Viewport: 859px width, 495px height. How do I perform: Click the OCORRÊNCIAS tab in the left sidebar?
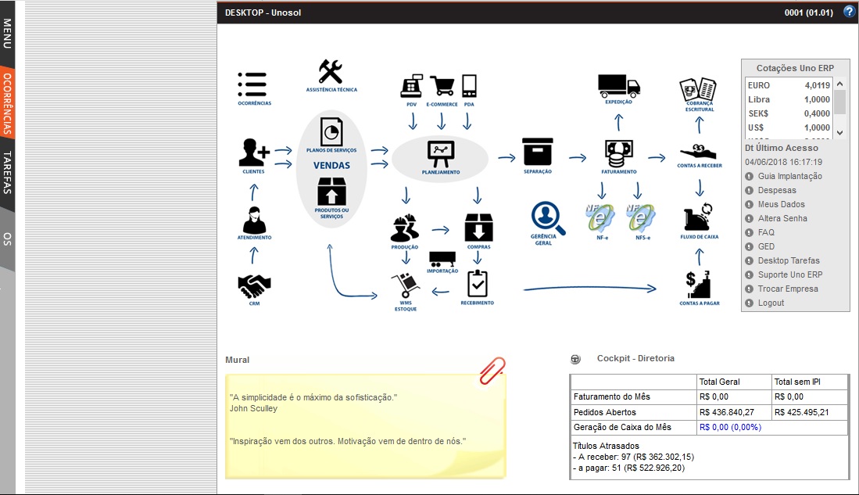pyautogui.click(x=7, y=103)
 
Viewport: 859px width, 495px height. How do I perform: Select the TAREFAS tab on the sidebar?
pyautogui.click(x=7, y=172)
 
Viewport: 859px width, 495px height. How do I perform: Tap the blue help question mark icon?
pyautogui.click(x=849, y=12)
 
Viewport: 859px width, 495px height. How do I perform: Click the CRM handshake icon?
pyautogui.click(x=254, y=285)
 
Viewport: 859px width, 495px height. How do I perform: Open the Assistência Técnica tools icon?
pyautogui.click(x=331, y=73)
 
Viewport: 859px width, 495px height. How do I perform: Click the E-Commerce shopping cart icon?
pyautogui.click(x=442, y=85)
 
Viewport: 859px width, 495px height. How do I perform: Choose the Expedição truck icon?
pyautogui.click(x=618, y=84)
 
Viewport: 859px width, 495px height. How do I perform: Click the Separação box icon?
pyautogui.click(x=537, y=152)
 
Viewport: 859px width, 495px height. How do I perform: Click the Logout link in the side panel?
pyautogui.click(x=771, y=303)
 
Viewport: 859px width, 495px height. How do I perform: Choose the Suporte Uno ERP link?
pyautogui.click(x=789, y=274)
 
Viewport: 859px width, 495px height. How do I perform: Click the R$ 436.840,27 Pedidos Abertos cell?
pyautogui.click(x=727, y=412)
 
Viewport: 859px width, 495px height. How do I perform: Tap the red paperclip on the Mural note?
pyautogui.click(x=492, y=371)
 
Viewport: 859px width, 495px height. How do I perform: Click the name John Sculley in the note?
pyautogui.click(x=253, y=408)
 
